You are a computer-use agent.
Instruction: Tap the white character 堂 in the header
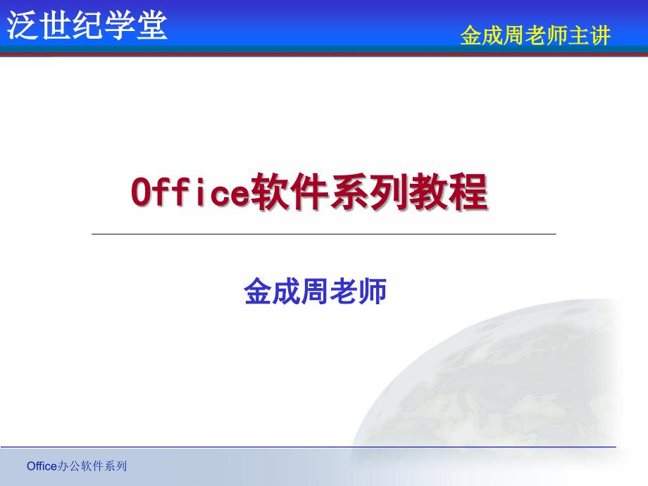point(152,25)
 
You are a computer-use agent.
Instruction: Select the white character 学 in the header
point(120,25)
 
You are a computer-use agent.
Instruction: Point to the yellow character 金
point(471,35)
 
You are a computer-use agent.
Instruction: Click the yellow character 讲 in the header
point(600,35)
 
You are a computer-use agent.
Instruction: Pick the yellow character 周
point(513,35)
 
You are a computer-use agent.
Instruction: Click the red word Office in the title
point(190,192)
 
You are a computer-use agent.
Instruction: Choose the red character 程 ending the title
point(468,192)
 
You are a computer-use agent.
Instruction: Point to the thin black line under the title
point(324,234)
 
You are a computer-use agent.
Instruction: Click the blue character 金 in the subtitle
point(258,292)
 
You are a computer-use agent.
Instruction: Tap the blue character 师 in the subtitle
point(373,292)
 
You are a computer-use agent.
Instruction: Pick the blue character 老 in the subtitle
point(344,292)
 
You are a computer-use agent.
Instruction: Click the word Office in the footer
point(42,466)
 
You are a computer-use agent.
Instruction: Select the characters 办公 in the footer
point(68,466)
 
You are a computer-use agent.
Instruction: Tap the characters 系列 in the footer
point(116,466)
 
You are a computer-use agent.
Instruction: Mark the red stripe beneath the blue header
point(324,54)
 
